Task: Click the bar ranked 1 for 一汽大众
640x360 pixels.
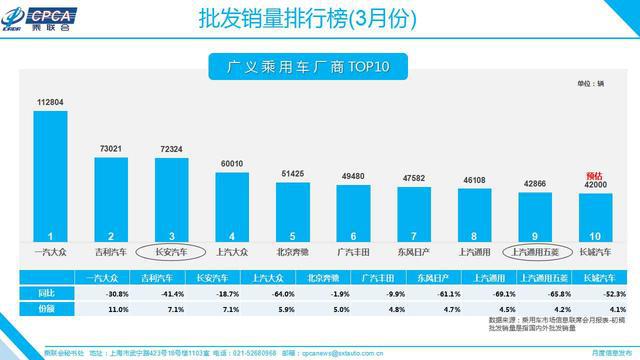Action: (x=50, y=172)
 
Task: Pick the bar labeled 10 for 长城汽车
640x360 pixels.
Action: (x=597, y=211)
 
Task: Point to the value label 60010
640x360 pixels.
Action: (x=232, y=162)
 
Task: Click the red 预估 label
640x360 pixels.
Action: (x=597, y=175)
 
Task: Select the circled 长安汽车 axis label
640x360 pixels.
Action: (x=172, y=252)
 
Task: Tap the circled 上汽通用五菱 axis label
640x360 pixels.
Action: (x=537, y=252)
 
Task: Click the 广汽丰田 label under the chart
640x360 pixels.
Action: (x=354, y=252)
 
